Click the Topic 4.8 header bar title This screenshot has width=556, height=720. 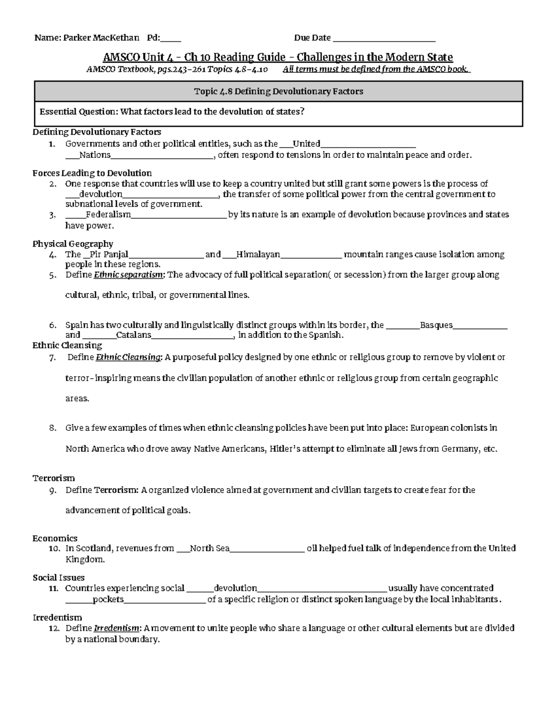point(278,91)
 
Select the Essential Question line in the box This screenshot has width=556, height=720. point(172,112)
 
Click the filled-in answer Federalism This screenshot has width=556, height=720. point(108,215)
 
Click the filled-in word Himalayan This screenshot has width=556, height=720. point(258,254)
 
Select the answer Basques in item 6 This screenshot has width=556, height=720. point(436,325)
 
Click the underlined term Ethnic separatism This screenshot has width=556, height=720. point(129,275)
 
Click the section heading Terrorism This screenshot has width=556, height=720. point(54,478)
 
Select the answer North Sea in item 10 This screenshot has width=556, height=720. point(209,548)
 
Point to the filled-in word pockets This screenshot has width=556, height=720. point(108,599)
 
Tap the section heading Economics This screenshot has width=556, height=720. point(55,538)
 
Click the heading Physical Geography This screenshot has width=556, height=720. point(73,244)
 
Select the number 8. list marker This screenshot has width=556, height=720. point(52,428)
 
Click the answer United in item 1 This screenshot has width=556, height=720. point(306,144)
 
